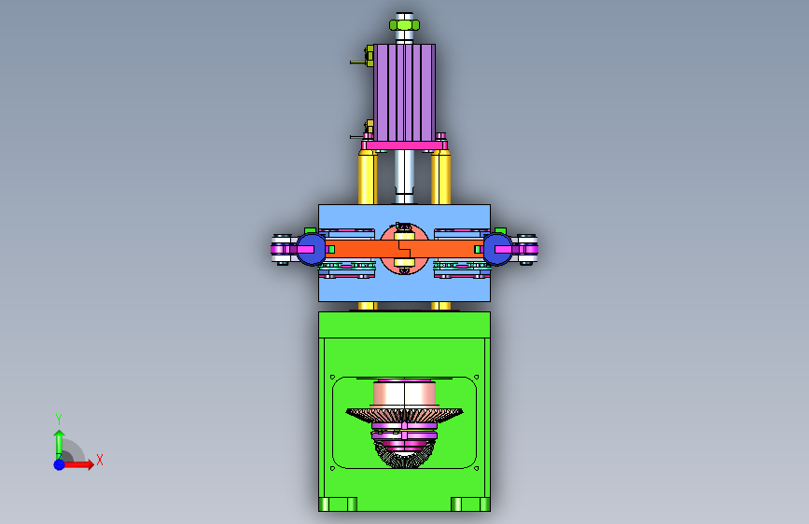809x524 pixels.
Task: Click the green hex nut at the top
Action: point(405,25)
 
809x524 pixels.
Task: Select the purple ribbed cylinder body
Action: point(405,92)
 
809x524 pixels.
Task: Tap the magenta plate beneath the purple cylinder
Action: point(405,146)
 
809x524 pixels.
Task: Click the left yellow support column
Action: point(368,177)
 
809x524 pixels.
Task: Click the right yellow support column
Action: point(441,177)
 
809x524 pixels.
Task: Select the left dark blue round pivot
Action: point(311,249)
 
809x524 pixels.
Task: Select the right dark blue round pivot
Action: point(498,249)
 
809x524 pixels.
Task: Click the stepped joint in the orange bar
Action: point(405,250)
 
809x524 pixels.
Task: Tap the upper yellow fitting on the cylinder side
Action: point(369,56)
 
